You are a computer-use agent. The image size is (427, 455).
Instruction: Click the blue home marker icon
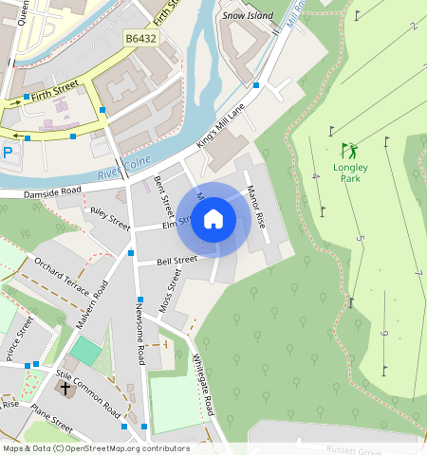pyautogui.click(x=213, y=220)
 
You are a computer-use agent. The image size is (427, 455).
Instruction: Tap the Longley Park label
pyautogui.click(x=350, y=172)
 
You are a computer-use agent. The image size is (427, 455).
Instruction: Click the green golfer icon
pyautogui.click(x=350, y=150)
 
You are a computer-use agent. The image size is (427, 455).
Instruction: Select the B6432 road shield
pyautogui.click(x=140, y=39)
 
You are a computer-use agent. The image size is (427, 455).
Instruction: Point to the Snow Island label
pyautogui.click(x=247, y=16)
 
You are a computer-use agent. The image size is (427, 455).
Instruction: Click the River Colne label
pyautogui.click(x=124, y=169)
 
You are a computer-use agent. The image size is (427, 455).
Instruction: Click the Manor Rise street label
pyautogui.click(x=254, y=205)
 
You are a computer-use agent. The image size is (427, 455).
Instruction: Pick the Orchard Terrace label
pyautogui.click(x=61, y=274)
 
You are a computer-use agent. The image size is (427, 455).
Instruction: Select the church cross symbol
pyautogui.click(x=65, y=388)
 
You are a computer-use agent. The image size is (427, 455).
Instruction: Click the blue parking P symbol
pyautogui.click(x=8, y=152)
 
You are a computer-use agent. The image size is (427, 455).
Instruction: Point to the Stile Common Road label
pyautogui.click(x=87, y=393)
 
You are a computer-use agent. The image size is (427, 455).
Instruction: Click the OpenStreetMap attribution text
pyautogui.click(x=96, y=448)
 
